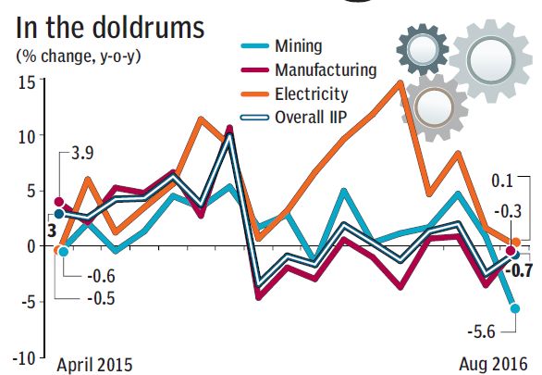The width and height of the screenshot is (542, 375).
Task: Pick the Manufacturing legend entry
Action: (x=326, y=69)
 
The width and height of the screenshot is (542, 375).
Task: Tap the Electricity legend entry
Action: (x=312, y=94)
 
